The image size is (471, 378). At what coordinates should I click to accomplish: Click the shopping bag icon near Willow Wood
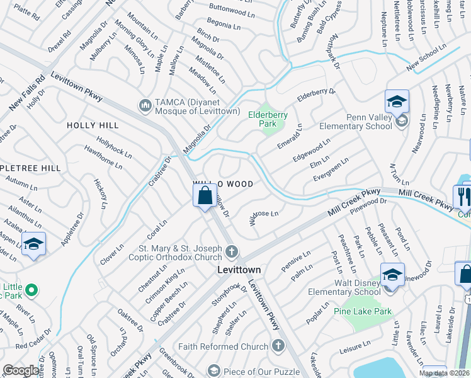click(205, 196)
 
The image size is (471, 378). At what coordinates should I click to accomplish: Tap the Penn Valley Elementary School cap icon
click(397, 101)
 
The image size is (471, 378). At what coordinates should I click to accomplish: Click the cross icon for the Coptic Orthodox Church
click(232, 252)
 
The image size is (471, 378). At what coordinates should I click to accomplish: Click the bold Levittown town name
click(239, 269)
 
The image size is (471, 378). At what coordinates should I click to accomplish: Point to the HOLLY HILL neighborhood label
click(93, 126)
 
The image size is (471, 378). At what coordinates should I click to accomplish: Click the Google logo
click(21, 370)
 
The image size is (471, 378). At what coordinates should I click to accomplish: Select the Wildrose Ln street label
click(264, 218)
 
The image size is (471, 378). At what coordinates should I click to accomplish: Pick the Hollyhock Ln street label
click(114, 147)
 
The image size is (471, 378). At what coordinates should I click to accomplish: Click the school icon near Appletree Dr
click(33, 245)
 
